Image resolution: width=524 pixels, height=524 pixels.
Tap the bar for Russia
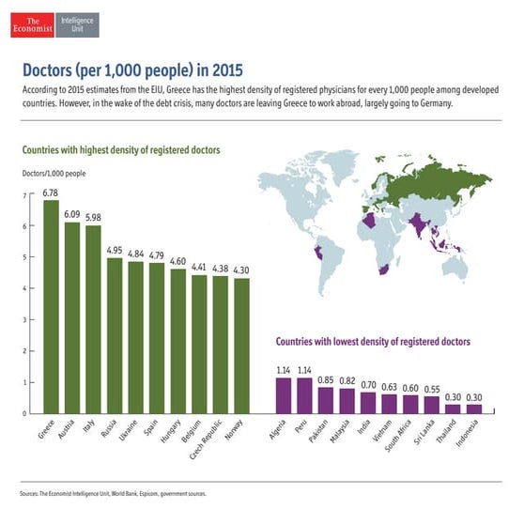click(115, 335)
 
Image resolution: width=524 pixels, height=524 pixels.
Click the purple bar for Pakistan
click(326, 400)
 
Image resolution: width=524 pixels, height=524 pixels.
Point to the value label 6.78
click(51, 193)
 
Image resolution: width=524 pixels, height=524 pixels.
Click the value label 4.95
click(115, 250)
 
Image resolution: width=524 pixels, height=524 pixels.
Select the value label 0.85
click(326, 380)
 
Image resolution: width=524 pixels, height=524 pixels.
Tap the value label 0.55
click(432, 389)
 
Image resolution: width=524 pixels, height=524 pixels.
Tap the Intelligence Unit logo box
click(78, 23)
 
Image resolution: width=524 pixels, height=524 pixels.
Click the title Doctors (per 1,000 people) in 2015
click(127, 69)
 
